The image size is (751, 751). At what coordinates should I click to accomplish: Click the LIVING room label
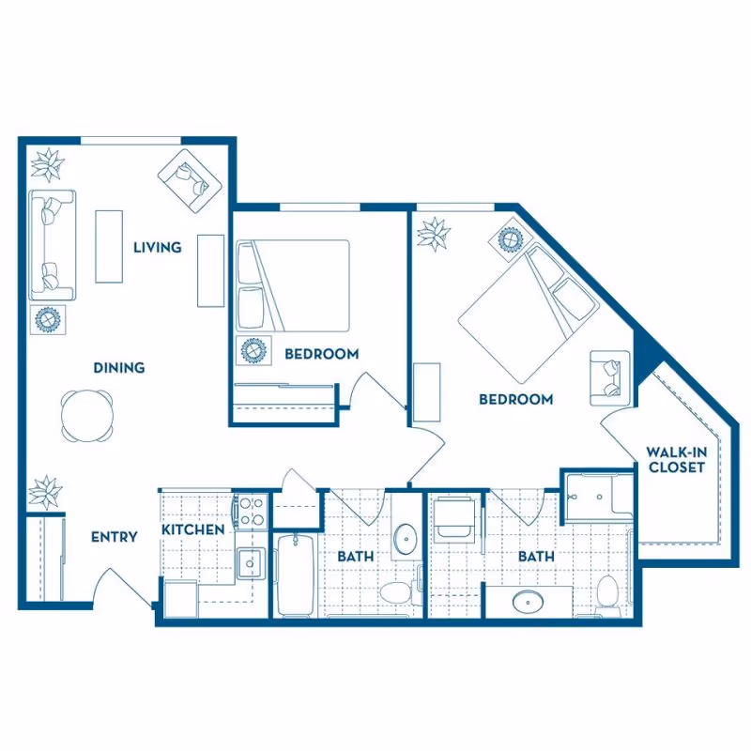pos(157,248)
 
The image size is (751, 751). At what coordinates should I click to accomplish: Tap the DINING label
pos(119,368)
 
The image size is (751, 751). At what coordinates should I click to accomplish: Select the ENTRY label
pos(114,537)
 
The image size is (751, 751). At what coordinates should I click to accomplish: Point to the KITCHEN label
pos(192,529)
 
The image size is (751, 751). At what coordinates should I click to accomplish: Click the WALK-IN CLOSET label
pos(676,460)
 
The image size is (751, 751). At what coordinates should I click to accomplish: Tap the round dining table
pos(87,416)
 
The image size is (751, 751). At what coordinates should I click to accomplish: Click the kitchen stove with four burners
pos(252,511)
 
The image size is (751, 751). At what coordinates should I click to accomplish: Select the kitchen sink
pos(251,563)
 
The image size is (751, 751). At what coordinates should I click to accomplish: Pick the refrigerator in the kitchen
pos(180,599)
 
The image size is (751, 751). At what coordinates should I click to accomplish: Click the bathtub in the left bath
pos(296,575)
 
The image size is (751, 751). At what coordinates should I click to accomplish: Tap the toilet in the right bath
pos(608,596)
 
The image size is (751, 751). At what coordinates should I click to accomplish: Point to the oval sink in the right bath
pos(528,602)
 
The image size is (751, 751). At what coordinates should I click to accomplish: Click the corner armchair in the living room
pos(191,180)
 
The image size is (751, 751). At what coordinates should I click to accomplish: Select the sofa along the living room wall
pos(53,245)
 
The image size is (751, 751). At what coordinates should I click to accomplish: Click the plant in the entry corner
pos(45,492)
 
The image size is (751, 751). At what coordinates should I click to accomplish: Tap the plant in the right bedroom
pos(434,234)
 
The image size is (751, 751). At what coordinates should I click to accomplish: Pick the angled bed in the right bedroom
pos(529,313)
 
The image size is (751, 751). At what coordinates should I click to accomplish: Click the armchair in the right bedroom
pos(609,378)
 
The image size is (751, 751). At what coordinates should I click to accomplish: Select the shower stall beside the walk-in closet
pos(599,498)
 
